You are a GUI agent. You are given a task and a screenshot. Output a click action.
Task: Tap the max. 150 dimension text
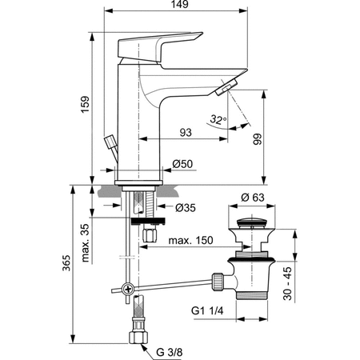point(191,239)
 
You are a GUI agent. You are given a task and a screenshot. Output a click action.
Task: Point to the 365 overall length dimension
point(70,264)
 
